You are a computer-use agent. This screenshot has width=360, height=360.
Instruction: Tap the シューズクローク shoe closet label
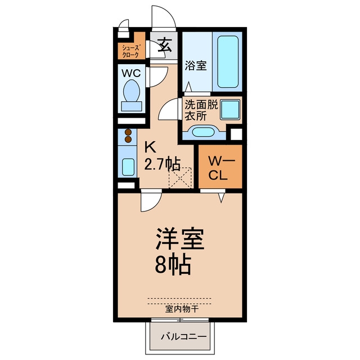click(x=130, y=51)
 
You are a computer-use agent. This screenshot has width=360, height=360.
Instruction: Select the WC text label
click(x=131, y=73)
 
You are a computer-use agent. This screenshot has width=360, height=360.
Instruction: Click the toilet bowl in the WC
click(x=132, y=91)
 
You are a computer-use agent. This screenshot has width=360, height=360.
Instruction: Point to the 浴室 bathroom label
click(x=196, y=65)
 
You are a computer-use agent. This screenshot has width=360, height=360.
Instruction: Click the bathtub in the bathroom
click(x=228, y=61)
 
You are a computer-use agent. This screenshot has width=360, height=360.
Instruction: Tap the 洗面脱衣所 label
click(x=201, y=110)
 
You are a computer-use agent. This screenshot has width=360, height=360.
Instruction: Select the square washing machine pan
click(x=230, y=109)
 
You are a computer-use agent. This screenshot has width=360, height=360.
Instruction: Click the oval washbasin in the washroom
click(x=203, y=132)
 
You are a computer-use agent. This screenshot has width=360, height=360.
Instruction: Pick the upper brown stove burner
click(x=128, y=132)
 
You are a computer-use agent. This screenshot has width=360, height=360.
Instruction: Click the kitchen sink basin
click(x=128, y=167)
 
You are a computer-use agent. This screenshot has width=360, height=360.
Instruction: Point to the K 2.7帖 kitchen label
click(x=161, y=157)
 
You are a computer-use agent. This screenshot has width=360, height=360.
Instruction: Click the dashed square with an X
click(x=180, y=178)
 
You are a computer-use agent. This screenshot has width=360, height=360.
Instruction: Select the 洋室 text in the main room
click(x=180, y=239)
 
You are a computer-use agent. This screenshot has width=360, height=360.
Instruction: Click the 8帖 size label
click(x=173, y=265)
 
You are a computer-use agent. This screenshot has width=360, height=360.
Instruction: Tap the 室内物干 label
click(x=182, y=309)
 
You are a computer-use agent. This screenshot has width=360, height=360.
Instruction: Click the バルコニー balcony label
click(x=184, y=337)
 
